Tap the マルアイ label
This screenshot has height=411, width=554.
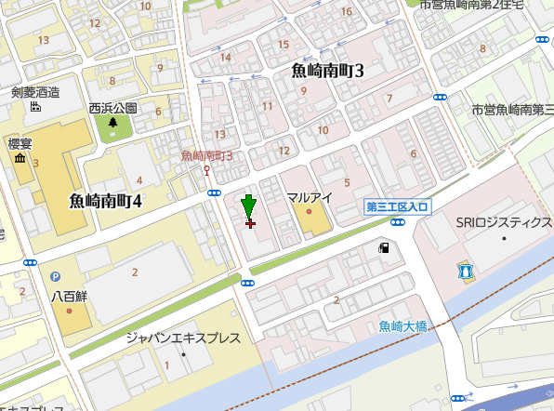[x=310, y=197]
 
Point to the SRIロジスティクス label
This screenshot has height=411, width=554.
[x=502, y=223]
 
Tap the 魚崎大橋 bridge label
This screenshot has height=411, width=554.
[x=403, y=326]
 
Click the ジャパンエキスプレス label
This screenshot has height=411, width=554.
[x=183, y=338]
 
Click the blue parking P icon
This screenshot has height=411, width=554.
[x=55, y=276]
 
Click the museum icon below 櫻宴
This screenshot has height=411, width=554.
[x=20, y=163]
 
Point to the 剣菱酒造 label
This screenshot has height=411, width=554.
[x=35, y=91]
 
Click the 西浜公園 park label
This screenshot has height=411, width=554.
[x=113, y=107]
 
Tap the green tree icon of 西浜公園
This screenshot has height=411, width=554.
[x=113, y=123]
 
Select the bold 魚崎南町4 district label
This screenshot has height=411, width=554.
[x=105, y=200]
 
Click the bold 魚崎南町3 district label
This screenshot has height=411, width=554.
[x=327, y=71]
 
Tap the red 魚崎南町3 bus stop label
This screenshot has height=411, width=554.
[x=206, y=154]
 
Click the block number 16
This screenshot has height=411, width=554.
[x=347, y=11]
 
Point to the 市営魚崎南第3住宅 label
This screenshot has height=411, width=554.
[x=512, y=109]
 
